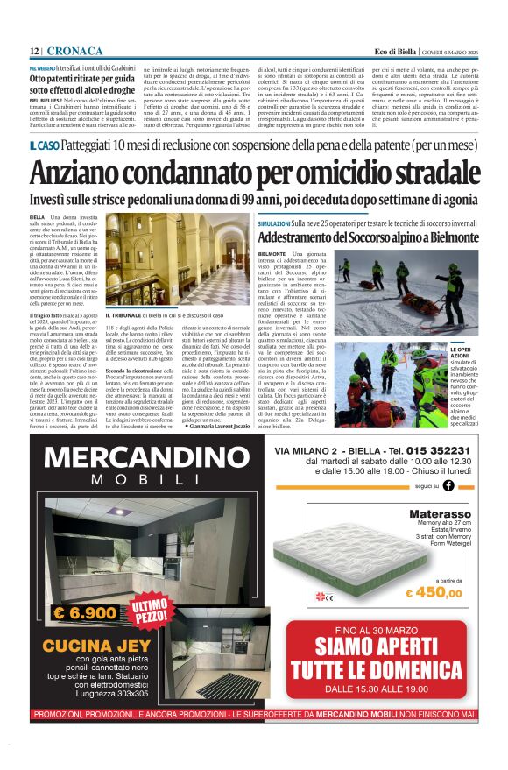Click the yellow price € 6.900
(83, 613)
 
